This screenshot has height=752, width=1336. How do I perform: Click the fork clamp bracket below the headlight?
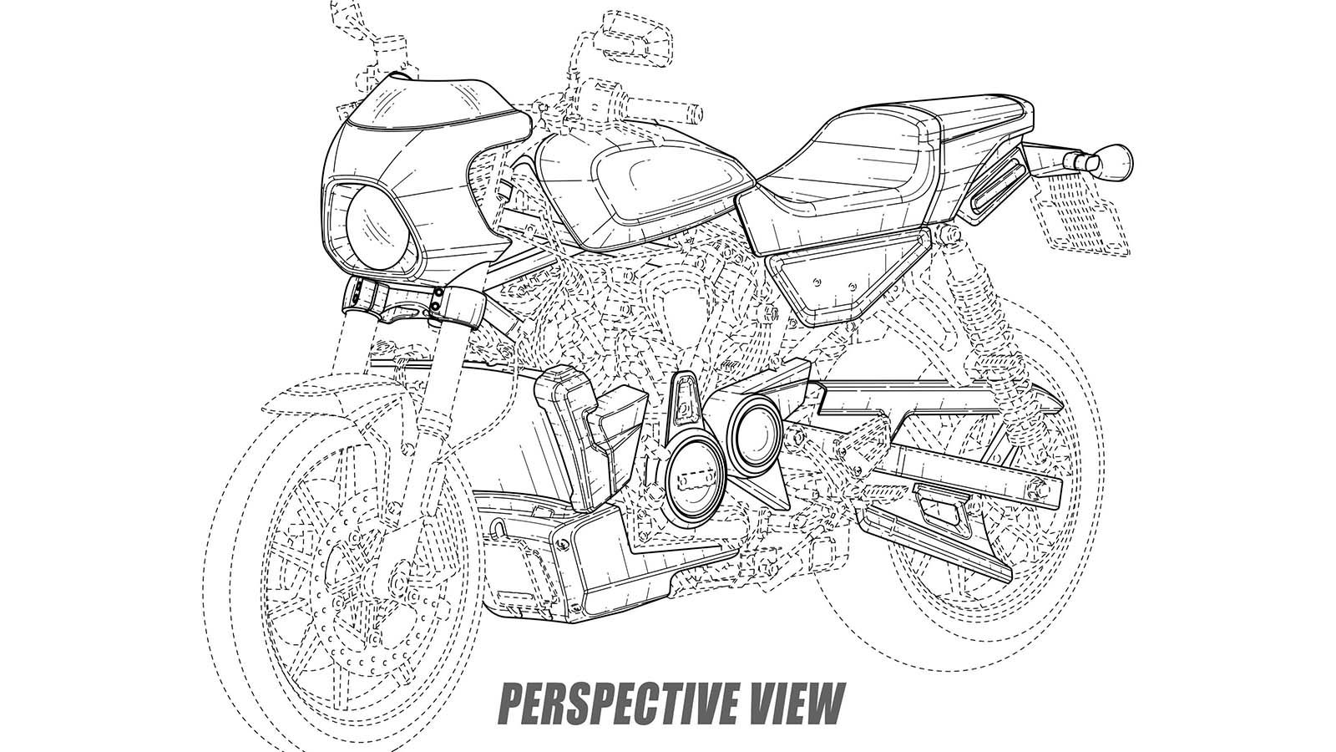coord(412,302)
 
